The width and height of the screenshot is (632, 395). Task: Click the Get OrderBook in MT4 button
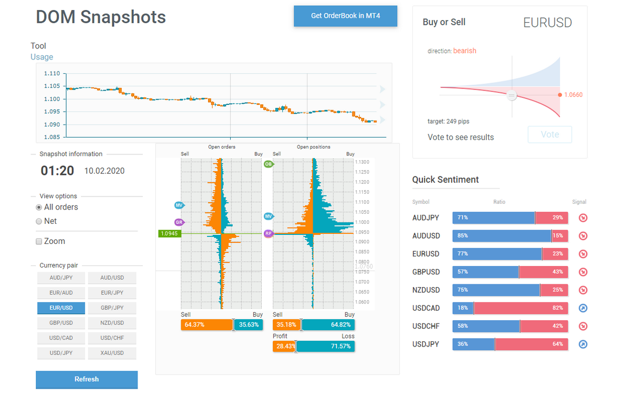point(345,16)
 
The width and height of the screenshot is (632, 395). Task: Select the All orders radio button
point(39,208)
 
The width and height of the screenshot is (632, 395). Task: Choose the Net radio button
point(39,222)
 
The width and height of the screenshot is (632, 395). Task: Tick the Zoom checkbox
point(39,242)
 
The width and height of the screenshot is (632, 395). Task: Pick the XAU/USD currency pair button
point(112,353)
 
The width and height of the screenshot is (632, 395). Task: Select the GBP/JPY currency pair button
point(112,308)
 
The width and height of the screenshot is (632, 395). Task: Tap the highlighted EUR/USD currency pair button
point(61,308)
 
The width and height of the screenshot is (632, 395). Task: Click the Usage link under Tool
point(42,57)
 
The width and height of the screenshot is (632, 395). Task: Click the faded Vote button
point(549,134)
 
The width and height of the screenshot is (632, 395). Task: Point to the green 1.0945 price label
point(170,233)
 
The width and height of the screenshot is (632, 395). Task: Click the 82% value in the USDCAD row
point(557,308)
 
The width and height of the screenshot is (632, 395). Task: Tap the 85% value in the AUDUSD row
point(463,236)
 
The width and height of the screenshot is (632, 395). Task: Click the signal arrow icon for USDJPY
point(583,344)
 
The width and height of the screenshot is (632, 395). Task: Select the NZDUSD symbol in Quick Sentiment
point(426,290)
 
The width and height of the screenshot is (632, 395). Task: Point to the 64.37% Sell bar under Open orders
point(206,325)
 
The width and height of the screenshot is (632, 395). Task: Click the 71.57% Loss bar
point(325,346)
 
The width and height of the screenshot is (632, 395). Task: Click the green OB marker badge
point(269,164)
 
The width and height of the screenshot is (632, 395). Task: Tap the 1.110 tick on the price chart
point(52,74)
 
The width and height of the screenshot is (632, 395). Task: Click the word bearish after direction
point(465,51)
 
